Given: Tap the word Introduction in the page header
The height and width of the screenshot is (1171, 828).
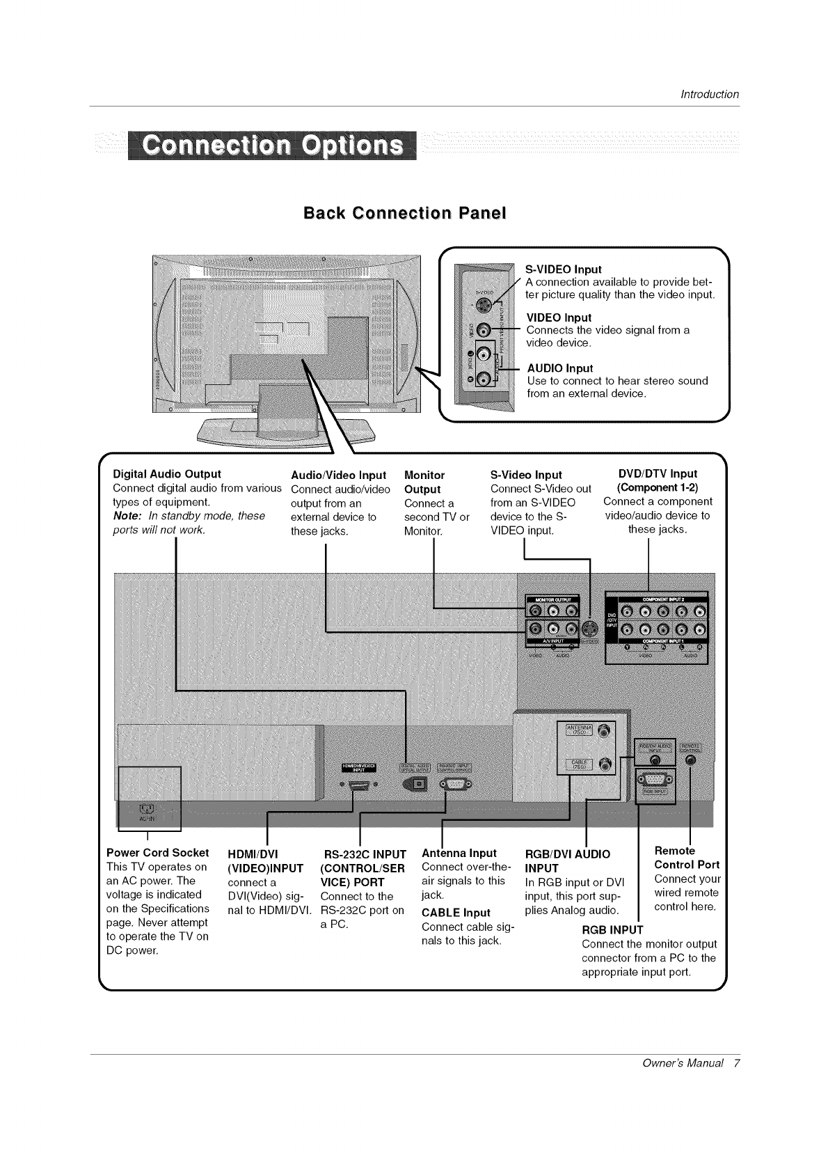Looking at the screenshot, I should click(709, 95).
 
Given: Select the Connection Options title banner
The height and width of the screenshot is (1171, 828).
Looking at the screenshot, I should click(272, 146).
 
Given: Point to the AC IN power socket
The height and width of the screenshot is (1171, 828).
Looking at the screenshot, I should click(148, 809).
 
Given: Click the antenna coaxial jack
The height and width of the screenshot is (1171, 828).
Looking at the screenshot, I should click(604, 730).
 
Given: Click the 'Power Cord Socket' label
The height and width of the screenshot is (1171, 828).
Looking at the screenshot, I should click(157, 853).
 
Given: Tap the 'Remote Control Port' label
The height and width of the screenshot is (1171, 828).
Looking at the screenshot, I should click(687, 858).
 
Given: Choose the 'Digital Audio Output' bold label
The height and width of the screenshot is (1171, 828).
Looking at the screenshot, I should click(167, 474).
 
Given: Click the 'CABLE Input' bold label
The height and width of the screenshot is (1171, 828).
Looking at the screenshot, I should click(456, 913).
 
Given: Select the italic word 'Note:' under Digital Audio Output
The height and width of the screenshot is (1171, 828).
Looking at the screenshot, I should click(127, 516).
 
